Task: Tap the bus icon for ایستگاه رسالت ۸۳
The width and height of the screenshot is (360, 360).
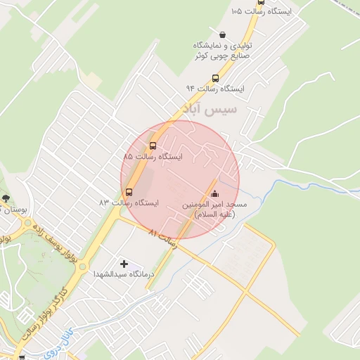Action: pos(129,192)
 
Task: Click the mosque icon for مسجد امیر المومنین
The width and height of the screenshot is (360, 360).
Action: pos(214,194)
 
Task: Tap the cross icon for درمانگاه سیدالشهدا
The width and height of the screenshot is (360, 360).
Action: pos(124,264)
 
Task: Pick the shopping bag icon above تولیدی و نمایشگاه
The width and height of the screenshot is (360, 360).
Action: pos(223,34)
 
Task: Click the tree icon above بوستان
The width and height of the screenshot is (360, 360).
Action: pos(6,198)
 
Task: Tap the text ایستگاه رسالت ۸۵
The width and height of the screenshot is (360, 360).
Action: pos(153,156)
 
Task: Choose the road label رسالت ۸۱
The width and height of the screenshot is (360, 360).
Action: pos(163,237)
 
